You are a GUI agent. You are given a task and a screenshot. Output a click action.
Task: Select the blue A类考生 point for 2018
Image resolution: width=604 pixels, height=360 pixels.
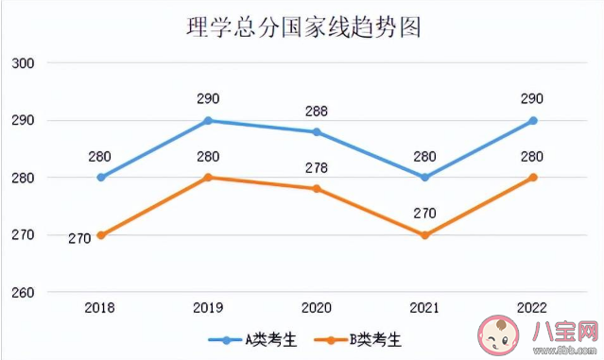point(101,178)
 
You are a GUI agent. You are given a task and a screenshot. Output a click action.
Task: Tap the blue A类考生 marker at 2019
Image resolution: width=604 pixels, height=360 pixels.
point(209,120)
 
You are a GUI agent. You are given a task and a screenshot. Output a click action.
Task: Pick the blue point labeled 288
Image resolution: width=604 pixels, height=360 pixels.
point(317,131)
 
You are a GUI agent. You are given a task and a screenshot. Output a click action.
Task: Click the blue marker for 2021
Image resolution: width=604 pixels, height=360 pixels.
point(424,178)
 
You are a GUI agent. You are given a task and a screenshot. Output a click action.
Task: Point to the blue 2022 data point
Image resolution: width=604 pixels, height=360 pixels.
point(533,120)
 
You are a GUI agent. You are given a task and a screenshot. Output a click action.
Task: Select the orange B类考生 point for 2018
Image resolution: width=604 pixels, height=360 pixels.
point(101,235)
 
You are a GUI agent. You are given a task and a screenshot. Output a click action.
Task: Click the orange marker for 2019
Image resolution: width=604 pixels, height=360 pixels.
point(209,178)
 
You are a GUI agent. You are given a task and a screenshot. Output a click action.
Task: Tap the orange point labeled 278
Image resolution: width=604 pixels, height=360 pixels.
point(317,189)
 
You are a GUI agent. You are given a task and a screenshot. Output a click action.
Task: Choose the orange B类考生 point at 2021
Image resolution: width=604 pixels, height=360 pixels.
point(424,235)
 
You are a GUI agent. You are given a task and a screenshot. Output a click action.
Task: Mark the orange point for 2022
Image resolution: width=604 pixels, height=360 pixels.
point(533,178)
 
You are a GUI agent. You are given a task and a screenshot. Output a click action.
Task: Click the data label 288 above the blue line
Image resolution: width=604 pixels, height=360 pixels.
point(317,111)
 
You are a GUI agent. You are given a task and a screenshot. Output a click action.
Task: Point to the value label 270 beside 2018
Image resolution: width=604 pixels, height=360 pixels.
point(79,239)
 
